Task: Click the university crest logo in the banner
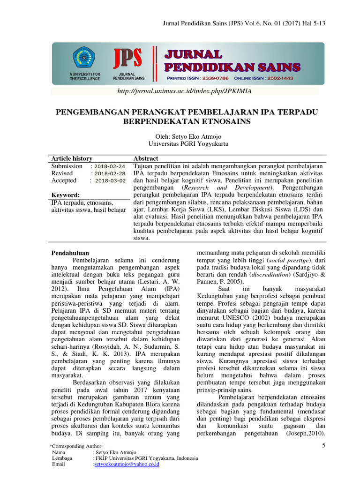click(84, 58)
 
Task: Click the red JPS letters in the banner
click(127, 59)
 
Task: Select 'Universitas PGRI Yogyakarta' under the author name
click(187, 144)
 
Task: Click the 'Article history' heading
click(72, 158)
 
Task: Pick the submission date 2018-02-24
click(109, 166)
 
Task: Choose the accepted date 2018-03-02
click(110, 180)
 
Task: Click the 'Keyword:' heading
click(65, 195)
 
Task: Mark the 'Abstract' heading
click(146, 158)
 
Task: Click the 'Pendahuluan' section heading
click(70, 253)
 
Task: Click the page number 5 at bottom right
click(323, 445)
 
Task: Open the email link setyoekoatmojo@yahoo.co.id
click(127, 464)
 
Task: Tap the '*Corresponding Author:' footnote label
click(75, 446)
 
